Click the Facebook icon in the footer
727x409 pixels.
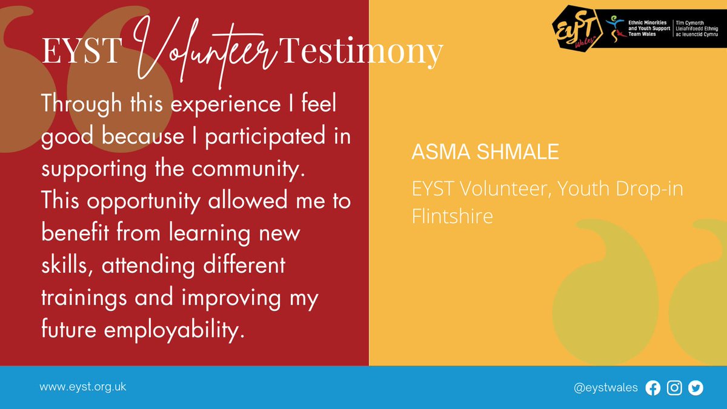(x=653, y=388)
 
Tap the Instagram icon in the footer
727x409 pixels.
(x=674, y=388)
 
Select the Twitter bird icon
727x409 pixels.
(x=695, y=388)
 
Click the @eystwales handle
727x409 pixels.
(x=605, y=388)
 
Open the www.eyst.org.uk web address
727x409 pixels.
(x=83, y=387)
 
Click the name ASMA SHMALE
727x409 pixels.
(x=485, y=152)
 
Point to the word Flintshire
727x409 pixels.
(x=452, y=216)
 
